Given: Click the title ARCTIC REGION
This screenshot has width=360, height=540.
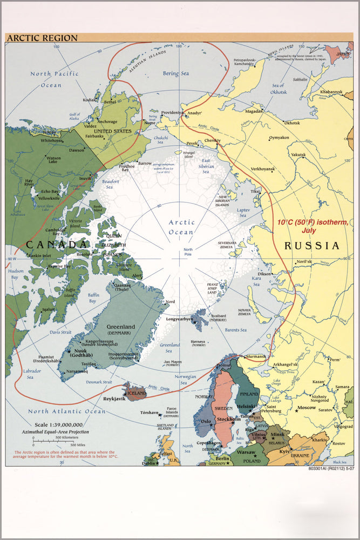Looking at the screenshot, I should tap(42, 38).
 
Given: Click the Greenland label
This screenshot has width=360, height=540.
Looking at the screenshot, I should tap(120, 327).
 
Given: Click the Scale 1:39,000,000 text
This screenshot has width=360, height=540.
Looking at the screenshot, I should tap(58, 424).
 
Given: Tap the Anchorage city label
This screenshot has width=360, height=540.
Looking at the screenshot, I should tap(107, 122).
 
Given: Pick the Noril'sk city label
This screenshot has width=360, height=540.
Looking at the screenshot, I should tap(304, 261).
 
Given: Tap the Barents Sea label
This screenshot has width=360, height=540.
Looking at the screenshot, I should tap(235, 329).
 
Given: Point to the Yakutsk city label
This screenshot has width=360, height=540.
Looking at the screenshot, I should tap(298, 154).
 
